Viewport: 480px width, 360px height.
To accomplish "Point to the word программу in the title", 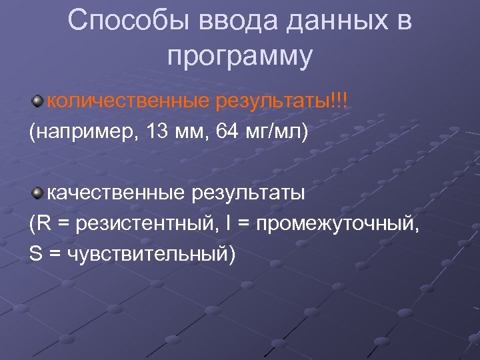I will coord(240,57).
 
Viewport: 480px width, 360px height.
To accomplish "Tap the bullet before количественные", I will coord(37,101).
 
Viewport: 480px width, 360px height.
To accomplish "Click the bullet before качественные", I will coord(37,193).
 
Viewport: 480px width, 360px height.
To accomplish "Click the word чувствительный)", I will coord(151,254).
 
